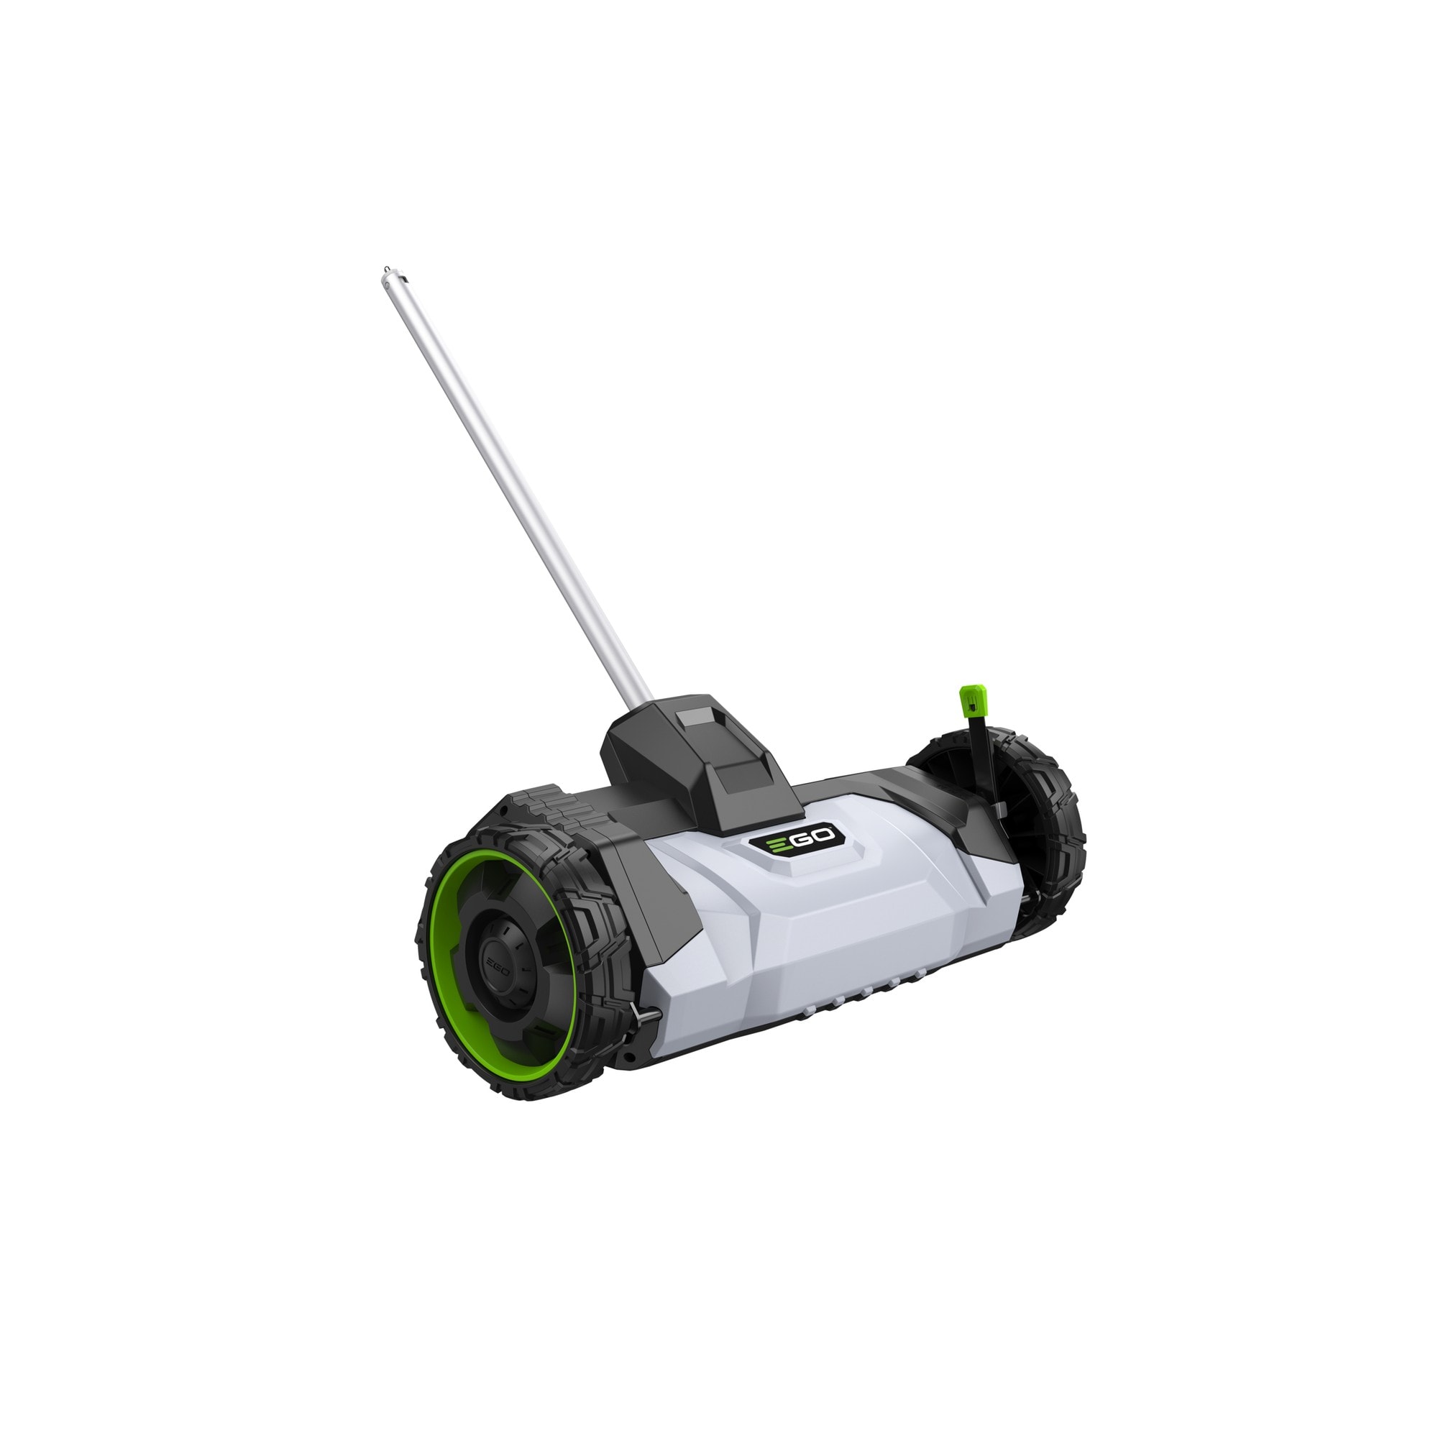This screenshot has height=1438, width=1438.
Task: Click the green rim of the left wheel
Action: pyautogui.click(x=438, y=968)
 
